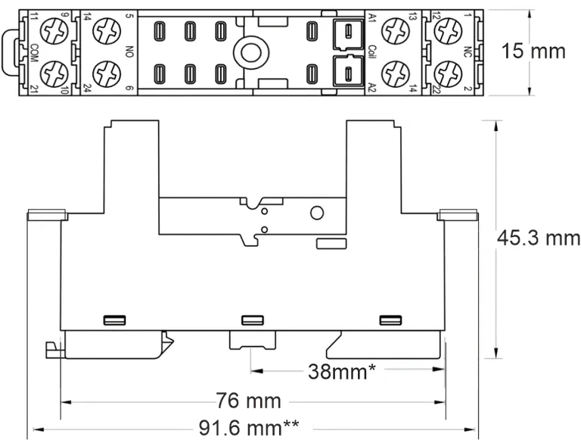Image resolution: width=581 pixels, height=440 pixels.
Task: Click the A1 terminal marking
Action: coord(371,17)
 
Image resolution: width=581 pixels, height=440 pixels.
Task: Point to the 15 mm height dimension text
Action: coord(533,51)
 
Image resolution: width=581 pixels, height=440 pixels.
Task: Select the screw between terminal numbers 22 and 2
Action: coord(449,73)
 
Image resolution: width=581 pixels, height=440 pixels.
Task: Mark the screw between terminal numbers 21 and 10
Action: coord(55,73)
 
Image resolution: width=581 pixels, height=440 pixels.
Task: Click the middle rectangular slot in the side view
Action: coord(250,320)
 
